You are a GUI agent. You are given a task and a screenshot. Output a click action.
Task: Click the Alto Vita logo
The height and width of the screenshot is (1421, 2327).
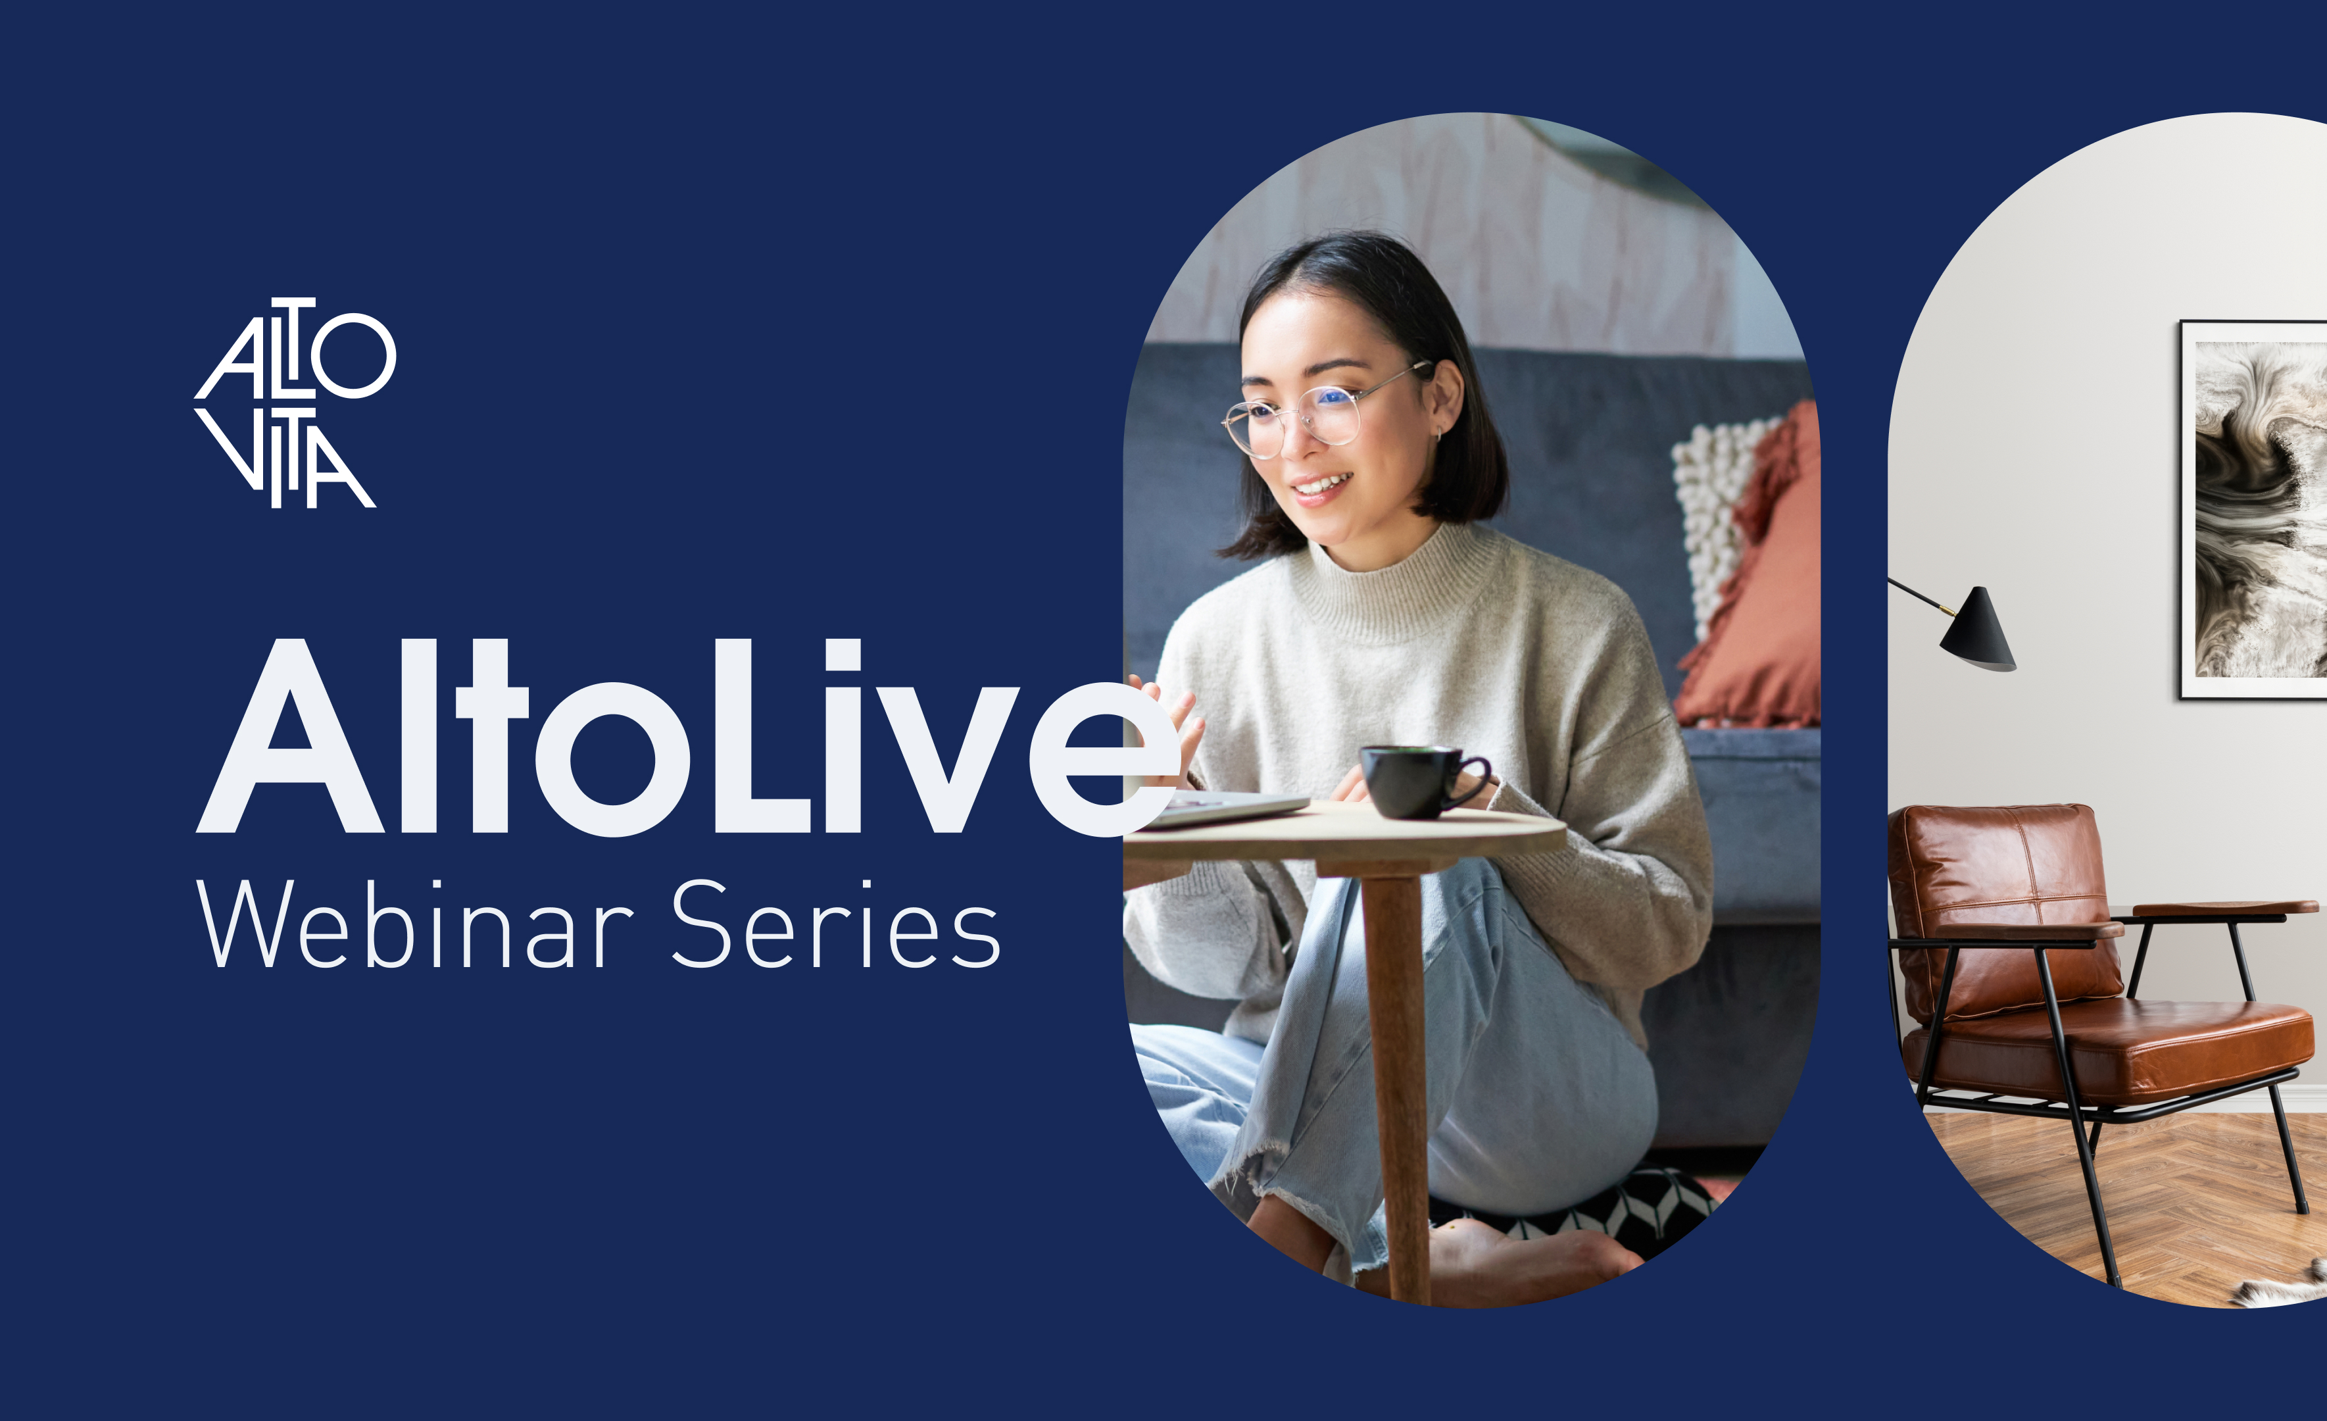point(295,403)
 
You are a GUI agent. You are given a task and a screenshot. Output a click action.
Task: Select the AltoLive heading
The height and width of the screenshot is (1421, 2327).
point(687,737)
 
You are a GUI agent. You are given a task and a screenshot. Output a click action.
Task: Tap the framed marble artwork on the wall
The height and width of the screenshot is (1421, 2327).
point(2254,511)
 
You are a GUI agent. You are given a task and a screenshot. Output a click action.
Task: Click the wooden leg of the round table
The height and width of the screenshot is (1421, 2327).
point(1396,1087)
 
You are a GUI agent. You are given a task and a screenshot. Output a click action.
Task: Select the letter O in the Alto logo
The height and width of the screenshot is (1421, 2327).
point(353,356)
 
